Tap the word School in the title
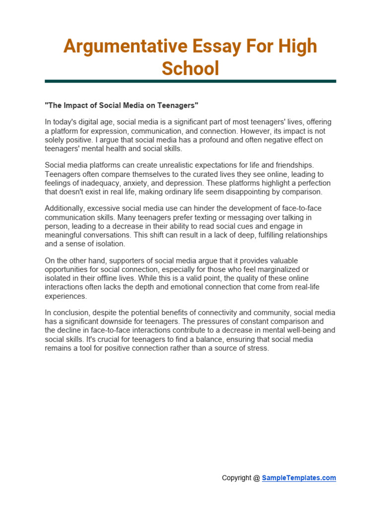190,68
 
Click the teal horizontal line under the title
190,81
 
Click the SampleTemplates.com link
299,478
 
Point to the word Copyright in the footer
237,478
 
